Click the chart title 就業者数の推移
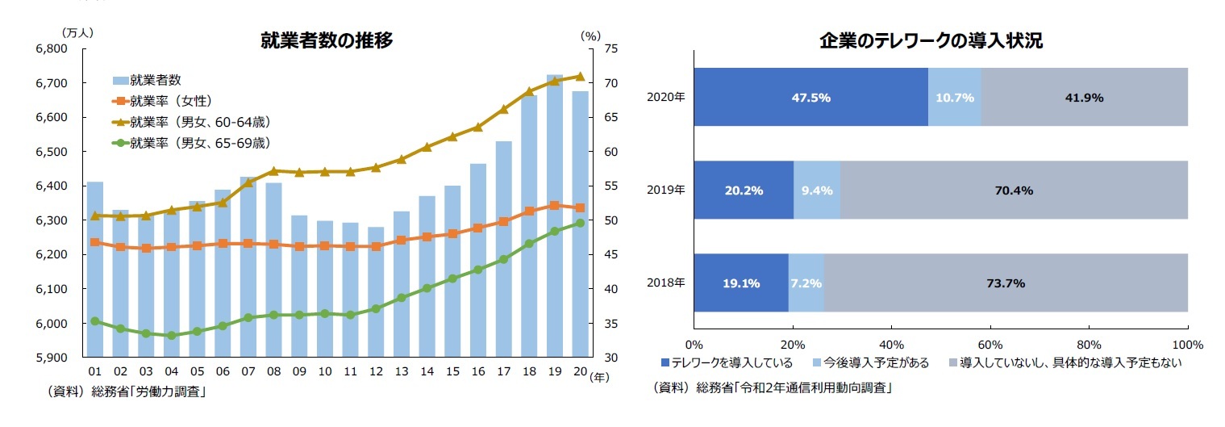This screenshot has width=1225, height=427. click(326, 40)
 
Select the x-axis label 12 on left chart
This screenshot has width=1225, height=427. click(375, 371)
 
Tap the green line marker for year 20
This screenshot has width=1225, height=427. click(580, 224)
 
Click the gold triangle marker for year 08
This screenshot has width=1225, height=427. click(273, 170)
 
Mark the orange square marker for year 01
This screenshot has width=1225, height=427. click(94, 242)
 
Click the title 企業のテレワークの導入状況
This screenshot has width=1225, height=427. click(931, 40)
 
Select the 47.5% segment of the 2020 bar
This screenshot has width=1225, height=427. click(810, 97)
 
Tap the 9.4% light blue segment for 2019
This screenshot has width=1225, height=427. click(817, 190)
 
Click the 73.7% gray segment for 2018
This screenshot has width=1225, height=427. click(1005, 283)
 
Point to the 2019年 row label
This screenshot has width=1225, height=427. click(665, 190)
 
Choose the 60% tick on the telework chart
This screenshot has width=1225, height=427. click(990, 345)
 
